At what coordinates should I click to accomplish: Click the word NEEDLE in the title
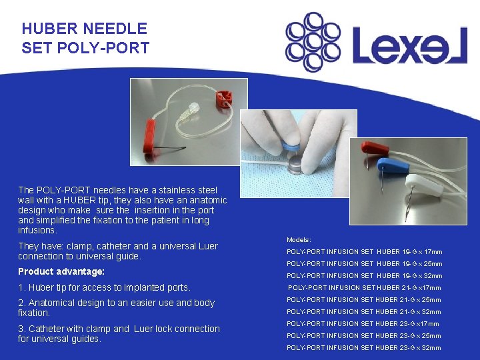pos(115,29)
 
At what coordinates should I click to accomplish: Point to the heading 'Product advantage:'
pos(61,272)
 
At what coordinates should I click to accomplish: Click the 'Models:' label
pos(299,239)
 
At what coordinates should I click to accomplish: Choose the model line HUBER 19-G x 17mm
pos(364,252)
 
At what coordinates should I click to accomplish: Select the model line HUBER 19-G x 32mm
pos(364,276)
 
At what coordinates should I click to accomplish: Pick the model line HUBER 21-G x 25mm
pos(364,300)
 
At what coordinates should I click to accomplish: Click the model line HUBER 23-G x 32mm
pos(364,348)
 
